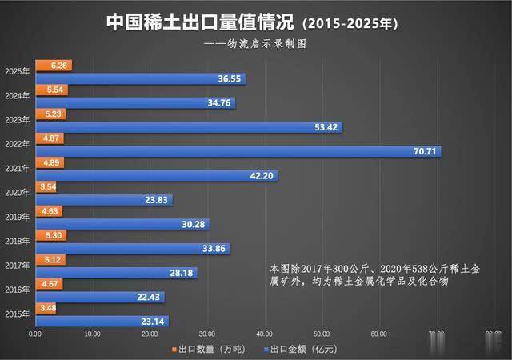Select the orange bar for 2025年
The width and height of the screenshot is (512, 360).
[53, 66]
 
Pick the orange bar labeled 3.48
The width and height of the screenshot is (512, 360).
[46, 308]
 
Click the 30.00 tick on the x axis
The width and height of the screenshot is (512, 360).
[207, 334]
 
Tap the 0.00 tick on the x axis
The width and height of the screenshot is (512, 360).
[35, 334]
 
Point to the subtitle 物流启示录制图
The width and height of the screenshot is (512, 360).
[264, 45]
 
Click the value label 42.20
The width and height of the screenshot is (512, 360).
[260, 176]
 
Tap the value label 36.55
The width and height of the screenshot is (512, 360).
[228, 78]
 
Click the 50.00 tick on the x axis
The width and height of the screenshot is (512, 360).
[322, 334]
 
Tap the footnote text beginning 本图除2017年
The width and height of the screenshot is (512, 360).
[360, 274]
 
